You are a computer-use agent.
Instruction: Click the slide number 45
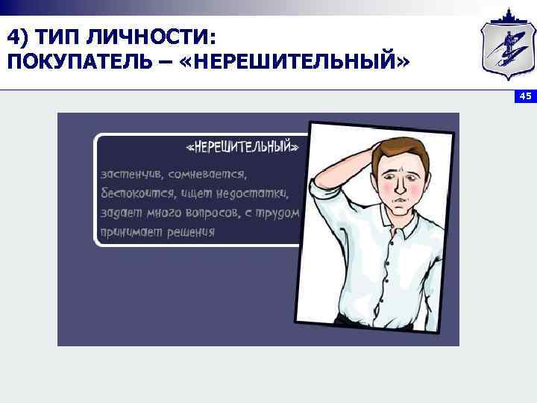click(524, 96)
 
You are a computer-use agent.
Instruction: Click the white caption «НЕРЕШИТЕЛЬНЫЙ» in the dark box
click(246, 148)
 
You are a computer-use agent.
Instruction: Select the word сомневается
click(210, 175)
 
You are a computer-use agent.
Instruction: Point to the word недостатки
click(257, 194)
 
